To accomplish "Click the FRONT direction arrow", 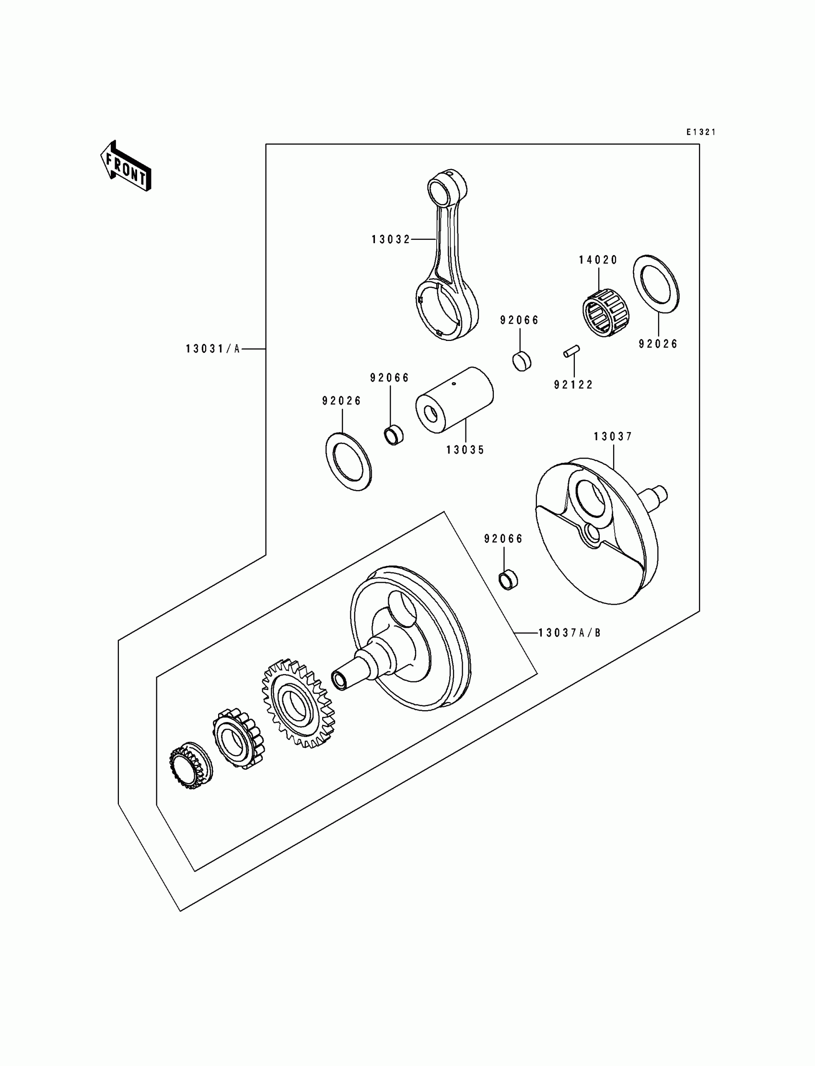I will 126,166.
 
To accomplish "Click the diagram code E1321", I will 700,132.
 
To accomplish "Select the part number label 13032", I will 391,239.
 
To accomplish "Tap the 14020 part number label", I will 598,260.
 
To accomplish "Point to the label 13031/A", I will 213,349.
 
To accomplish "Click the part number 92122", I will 573,385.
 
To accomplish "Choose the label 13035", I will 465,450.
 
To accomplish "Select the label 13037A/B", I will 570,633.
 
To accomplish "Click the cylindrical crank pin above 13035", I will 454,399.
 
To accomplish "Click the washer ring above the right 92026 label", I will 656,284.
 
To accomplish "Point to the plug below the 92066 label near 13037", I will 508,580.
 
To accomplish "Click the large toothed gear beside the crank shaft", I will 298,703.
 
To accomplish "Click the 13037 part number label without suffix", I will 613,437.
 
